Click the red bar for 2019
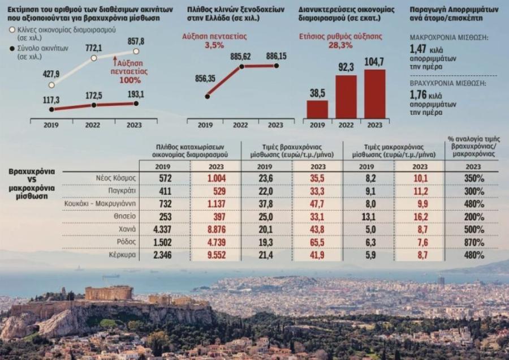coord(317,109)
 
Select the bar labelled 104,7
coord(375,93)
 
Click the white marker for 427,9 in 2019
coord(51,85)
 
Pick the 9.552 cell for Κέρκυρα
coord(215,255)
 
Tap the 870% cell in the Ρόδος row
coord(472,242)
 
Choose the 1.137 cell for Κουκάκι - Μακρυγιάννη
coord(215,203)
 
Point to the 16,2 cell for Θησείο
coord(420,216)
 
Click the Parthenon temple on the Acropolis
coord(109,293)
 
